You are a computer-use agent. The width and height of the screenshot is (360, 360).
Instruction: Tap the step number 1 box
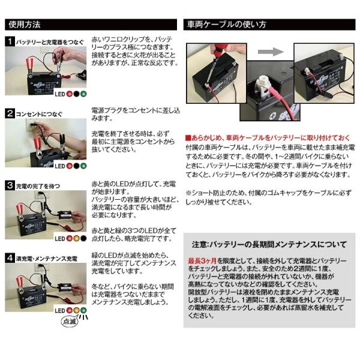pos(10,41)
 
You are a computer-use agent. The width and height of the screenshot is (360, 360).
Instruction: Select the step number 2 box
pos(10,113)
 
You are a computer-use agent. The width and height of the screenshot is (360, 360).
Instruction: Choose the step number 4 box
pos(10,257)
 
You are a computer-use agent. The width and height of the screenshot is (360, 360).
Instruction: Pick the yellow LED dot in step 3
pos(76,238)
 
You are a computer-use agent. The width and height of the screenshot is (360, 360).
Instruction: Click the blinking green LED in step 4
pos(83,310)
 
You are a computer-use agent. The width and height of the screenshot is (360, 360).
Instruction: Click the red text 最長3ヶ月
pos(202,263)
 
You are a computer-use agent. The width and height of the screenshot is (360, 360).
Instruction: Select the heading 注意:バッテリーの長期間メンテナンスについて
pos(268,244)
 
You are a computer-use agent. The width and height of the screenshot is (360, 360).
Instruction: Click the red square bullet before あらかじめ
pos(188,137)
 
